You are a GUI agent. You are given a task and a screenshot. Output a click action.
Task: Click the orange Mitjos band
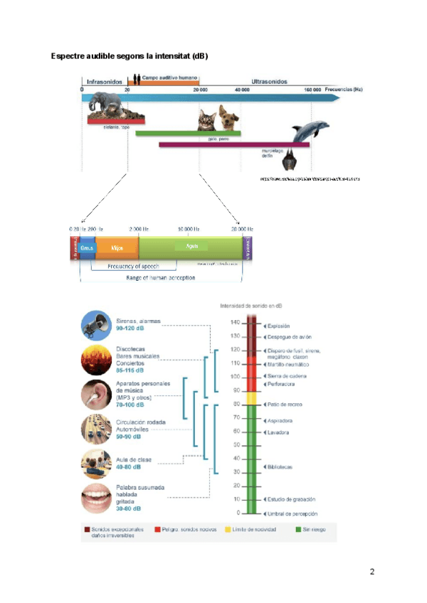[x=117, y=247]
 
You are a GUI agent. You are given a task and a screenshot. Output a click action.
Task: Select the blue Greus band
[x=87, y=247]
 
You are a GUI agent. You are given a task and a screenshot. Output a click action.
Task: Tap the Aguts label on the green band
[x=191, y=245]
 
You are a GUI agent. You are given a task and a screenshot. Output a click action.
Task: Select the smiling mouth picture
[x=95, y=498]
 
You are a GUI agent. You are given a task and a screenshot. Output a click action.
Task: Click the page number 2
[x=371, y=572]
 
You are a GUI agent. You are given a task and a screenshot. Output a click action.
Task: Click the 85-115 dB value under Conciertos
[x=130, y=370]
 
